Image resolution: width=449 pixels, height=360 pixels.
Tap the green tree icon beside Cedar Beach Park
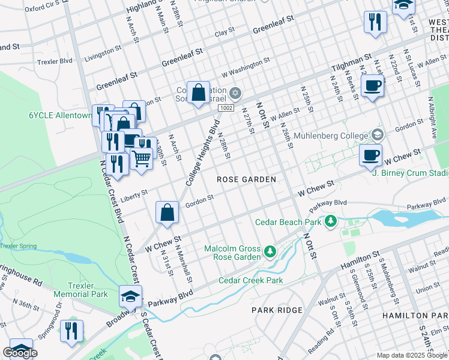pos(330,222)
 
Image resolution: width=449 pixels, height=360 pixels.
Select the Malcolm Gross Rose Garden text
pos(232,253)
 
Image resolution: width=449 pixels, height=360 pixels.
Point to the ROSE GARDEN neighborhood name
pos(246,179)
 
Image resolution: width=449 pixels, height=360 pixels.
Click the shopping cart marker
pos(142,159)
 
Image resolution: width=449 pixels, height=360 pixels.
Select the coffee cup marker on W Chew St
pos(370,155)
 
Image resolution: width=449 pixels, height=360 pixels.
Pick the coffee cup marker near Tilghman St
pos(372,85)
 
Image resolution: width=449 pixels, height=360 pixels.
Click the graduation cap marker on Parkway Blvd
pos(130,296)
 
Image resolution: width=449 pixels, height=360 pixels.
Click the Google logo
pos(20,353)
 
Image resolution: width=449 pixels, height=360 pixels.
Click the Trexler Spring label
pos(18,245)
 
